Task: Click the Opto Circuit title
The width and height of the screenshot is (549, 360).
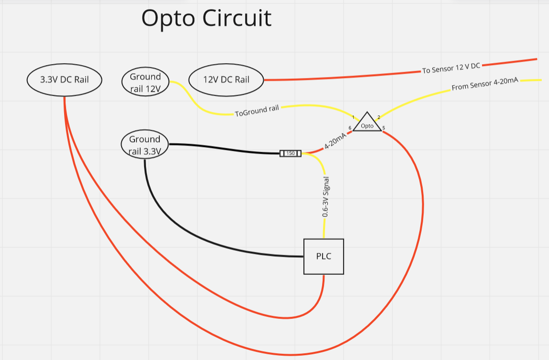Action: pos(206,18)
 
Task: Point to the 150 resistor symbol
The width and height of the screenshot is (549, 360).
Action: pos(290,153)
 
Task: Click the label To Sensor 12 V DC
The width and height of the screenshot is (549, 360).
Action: pos(451,68)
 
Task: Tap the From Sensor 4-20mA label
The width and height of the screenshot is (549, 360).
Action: pos(485,84)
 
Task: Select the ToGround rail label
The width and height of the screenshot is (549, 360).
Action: pos(257,111)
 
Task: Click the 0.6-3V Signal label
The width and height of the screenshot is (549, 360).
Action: pos(325,196)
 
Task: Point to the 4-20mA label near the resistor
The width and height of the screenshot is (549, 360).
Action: pos(335,141)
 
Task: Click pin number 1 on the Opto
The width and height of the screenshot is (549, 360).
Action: pos(353,117)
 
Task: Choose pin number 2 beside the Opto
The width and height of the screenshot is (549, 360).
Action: pos(379,117)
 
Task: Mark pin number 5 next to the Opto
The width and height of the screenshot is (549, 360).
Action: pos(384,128)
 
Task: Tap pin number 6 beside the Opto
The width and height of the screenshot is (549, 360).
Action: pos(350,128)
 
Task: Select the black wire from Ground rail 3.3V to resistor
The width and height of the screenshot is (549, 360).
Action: pos(224,149)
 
